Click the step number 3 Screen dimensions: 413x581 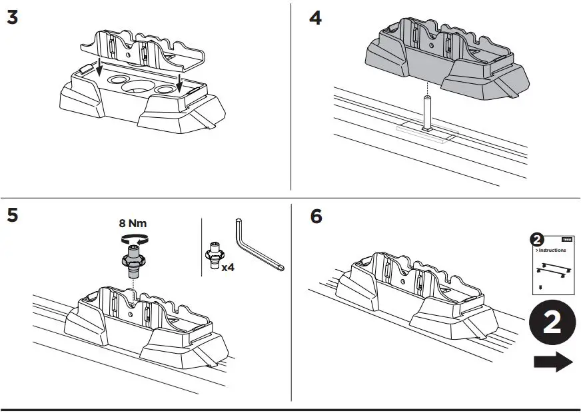tap(12, 18)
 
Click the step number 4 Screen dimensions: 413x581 tap(315, 18)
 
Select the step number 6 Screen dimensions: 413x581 tap(316, 216)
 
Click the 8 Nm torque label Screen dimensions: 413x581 tap(133, 224)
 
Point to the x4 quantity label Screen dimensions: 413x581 tap(227, 267)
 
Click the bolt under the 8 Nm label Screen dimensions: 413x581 tap(133, 260)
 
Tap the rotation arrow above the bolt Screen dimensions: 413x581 tap(133, 238)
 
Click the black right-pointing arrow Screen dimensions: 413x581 tap(552, 362)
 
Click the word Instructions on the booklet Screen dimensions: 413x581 tap(552, 250)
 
